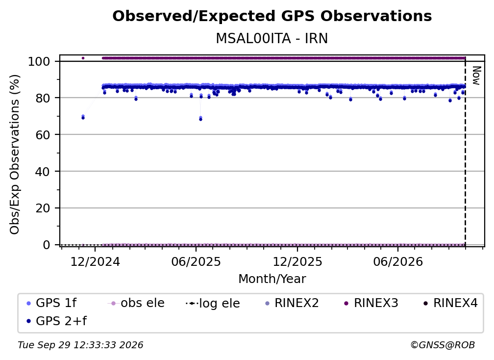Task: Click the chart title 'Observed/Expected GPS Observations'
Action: pos(272,16)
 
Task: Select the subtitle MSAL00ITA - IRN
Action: pos(272,38)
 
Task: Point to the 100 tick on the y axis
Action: pos(39,61)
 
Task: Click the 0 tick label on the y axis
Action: pos(47,245)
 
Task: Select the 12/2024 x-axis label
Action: pos(95,261)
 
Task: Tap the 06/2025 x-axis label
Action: pos(196,261)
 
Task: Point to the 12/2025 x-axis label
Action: pos(297,261)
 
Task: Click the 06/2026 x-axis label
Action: pos(398,261)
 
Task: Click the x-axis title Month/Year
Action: pos(272,279)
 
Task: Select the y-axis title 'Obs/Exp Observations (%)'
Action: pos(15,154)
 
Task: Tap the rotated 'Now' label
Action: pos(476,76)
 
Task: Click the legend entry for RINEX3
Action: pos(371,303)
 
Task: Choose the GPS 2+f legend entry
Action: pos(57,321)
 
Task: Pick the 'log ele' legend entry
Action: pos(213,303)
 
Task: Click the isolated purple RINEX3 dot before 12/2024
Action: pos(83,58)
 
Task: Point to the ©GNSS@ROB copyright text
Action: pos(443,345)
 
